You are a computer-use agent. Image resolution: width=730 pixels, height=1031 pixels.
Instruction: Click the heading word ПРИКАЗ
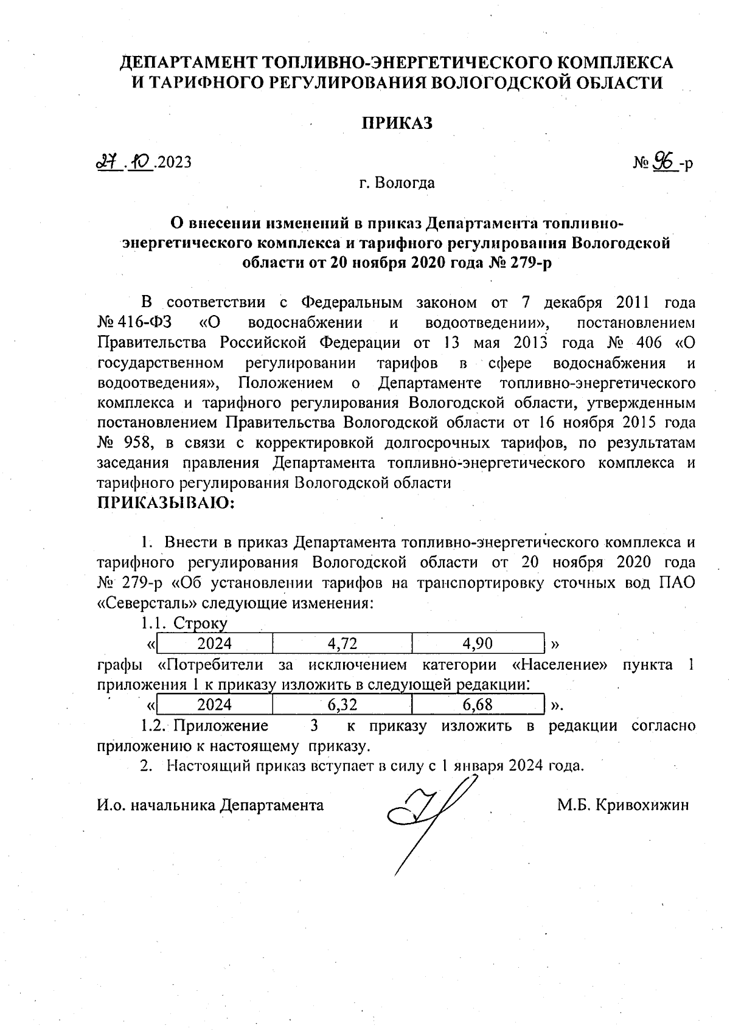397,123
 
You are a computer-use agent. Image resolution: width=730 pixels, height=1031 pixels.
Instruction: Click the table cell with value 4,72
342,643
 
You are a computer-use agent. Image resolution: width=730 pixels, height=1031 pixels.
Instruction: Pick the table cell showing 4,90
478,643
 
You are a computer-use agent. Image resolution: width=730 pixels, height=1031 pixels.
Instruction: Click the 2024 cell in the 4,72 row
215,643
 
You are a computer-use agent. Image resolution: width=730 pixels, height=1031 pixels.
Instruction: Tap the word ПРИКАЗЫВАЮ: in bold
166,503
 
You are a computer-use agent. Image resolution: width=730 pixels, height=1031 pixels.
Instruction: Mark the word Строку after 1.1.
200,623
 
